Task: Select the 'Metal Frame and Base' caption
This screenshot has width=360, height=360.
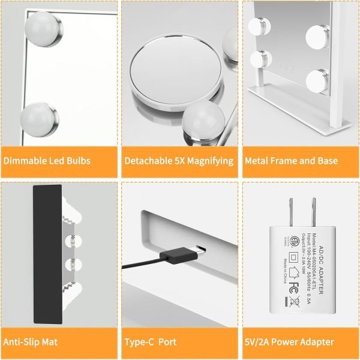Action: pos(290,161)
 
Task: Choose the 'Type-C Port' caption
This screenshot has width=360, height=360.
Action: pos(150,341)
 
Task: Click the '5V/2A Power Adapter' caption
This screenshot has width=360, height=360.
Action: pos(289,341)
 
